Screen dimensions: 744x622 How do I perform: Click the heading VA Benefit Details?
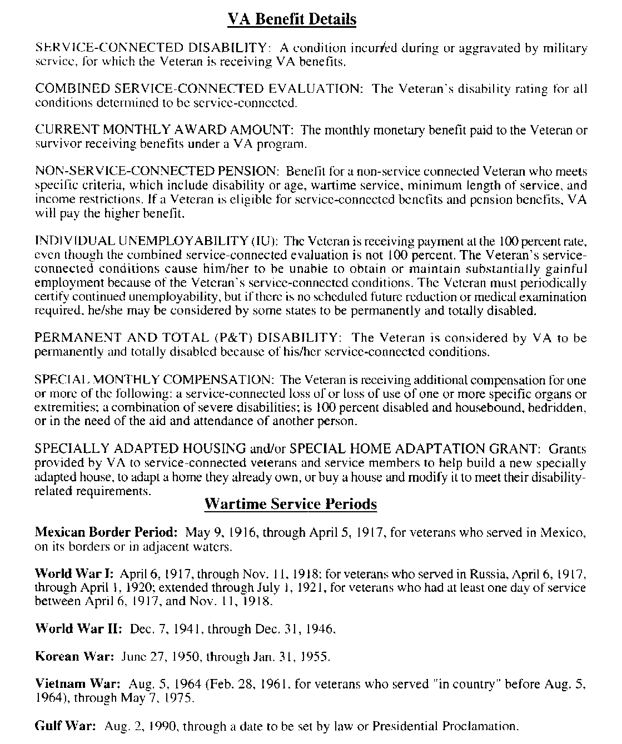tap(292, 20)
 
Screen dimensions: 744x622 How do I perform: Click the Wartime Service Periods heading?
tap(291, 504)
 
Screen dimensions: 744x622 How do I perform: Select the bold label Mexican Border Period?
tap(106, 532)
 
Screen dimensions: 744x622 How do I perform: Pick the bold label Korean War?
tap(74, 657)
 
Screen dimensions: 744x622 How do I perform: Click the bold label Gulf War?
tap(66, 726)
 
